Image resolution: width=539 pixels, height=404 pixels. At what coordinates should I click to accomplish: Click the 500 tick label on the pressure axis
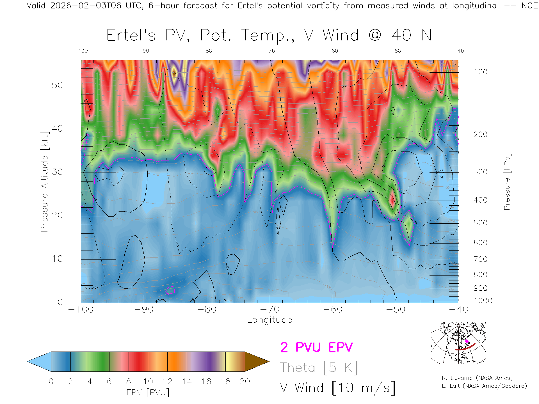480,223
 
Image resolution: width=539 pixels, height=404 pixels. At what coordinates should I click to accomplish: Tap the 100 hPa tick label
480,72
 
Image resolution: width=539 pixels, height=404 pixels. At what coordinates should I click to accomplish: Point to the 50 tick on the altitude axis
57,85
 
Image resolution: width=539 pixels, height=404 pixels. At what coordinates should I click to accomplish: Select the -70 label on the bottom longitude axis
270,309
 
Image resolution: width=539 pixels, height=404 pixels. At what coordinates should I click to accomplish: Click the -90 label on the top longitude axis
144,51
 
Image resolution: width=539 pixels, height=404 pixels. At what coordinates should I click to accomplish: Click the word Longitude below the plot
269,320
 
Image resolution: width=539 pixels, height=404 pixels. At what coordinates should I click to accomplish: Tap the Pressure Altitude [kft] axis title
44,182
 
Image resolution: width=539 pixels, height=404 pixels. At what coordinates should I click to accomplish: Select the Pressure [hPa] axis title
507,182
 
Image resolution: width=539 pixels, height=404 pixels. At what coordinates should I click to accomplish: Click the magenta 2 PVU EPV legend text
316,347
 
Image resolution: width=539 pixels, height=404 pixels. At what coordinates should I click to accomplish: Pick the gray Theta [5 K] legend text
319,368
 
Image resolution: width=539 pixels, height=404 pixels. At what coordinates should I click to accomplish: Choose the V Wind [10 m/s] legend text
338,388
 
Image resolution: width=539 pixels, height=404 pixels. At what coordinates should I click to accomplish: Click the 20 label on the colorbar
245,382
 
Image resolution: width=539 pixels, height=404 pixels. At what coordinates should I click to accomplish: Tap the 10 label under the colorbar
148,382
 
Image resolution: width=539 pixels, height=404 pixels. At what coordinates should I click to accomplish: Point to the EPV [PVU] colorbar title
148,392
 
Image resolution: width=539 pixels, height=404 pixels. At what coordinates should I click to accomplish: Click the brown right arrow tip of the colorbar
257,362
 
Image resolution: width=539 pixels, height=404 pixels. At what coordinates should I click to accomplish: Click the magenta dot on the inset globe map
467,341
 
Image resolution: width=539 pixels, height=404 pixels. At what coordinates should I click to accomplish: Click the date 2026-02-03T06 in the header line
86,6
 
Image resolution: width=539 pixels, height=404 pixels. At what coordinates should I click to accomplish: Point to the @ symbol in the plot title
375,35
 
